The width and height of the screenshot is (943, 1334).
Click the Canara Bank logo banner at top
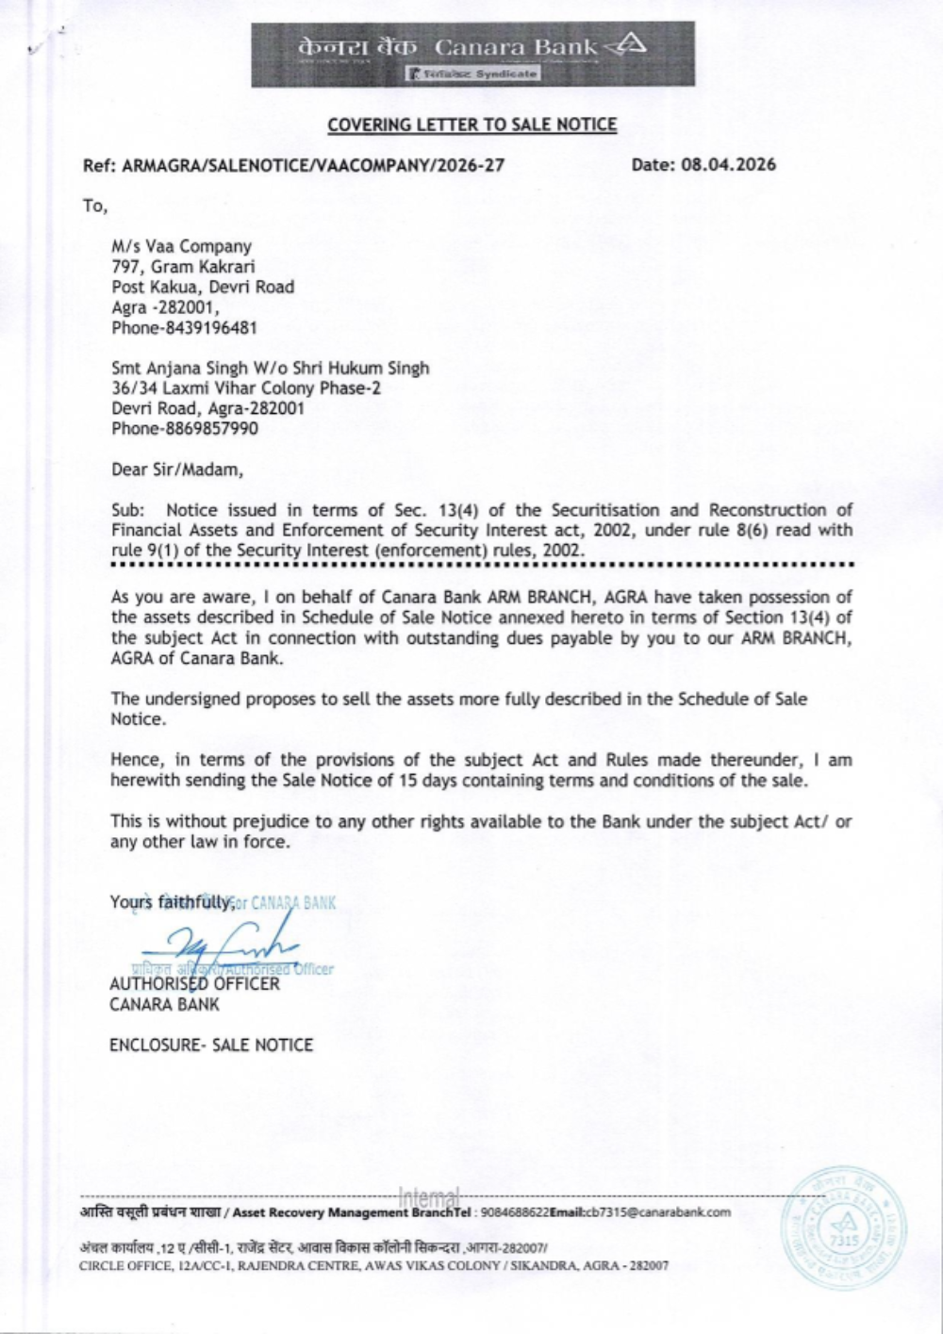coord(472,54)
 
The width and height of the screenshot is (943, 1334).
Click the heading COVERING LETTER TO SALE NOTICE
coord(472,124)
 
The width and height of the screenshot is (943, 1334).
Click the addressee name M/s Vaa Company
coord(181,247)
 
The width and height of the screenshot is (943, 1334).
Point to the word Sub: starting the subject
coord(127,510)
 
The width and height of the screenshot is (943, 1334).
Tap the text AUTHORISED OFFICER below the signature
coord(194,984)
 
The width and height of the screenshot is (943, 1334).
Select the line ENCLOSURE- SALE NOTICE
coord(211,1045)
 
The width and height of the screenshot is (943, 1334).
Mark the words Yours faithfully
coord(171,902)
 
